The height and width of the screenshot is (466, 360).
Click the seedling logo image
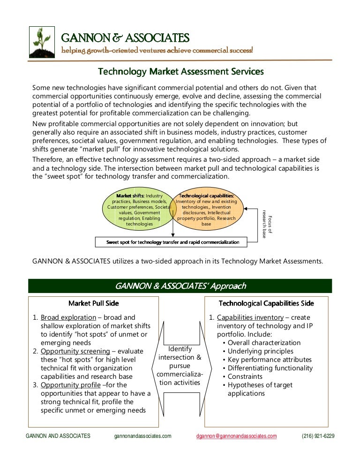(x=42, y=42)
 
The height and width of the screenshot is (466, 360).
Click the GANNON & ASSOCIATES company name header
(x=125, y=38)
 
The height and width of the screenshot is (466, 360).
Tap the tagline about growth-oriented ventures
(x=157, y=50)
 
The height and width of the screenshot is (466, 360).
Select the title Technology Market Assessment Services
(x=180, y=72)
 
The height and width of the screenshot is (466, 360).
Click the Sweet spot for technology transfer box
(x=172, y=242)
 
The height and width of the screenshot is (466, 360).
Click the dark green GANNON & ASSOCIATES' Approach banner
(x=180, y=286)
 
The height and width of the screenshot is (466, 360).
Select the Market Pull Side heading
(x=94, y=303)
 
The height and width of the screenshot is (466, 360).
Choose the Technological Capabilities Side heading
(x=266, y=303)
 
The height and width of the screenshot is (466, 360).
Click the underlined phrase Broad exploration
(x=68, y=317)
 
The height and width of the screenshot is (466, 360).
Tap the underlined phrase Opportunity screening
(x=75, y=351)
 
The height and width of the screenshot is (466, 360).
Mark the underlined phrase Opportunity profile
(x=70, y=385)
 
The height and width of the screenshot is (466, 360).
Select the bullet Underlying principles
(x=260, y=351)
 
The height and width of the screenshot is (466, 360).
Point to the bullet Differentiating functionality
(x=270, y=368)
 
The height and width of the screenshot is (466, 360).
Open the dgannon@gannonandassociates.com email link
(x=237, y=436)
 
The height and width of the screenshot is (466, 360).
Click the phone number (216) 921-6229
(x=318, y=436)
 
